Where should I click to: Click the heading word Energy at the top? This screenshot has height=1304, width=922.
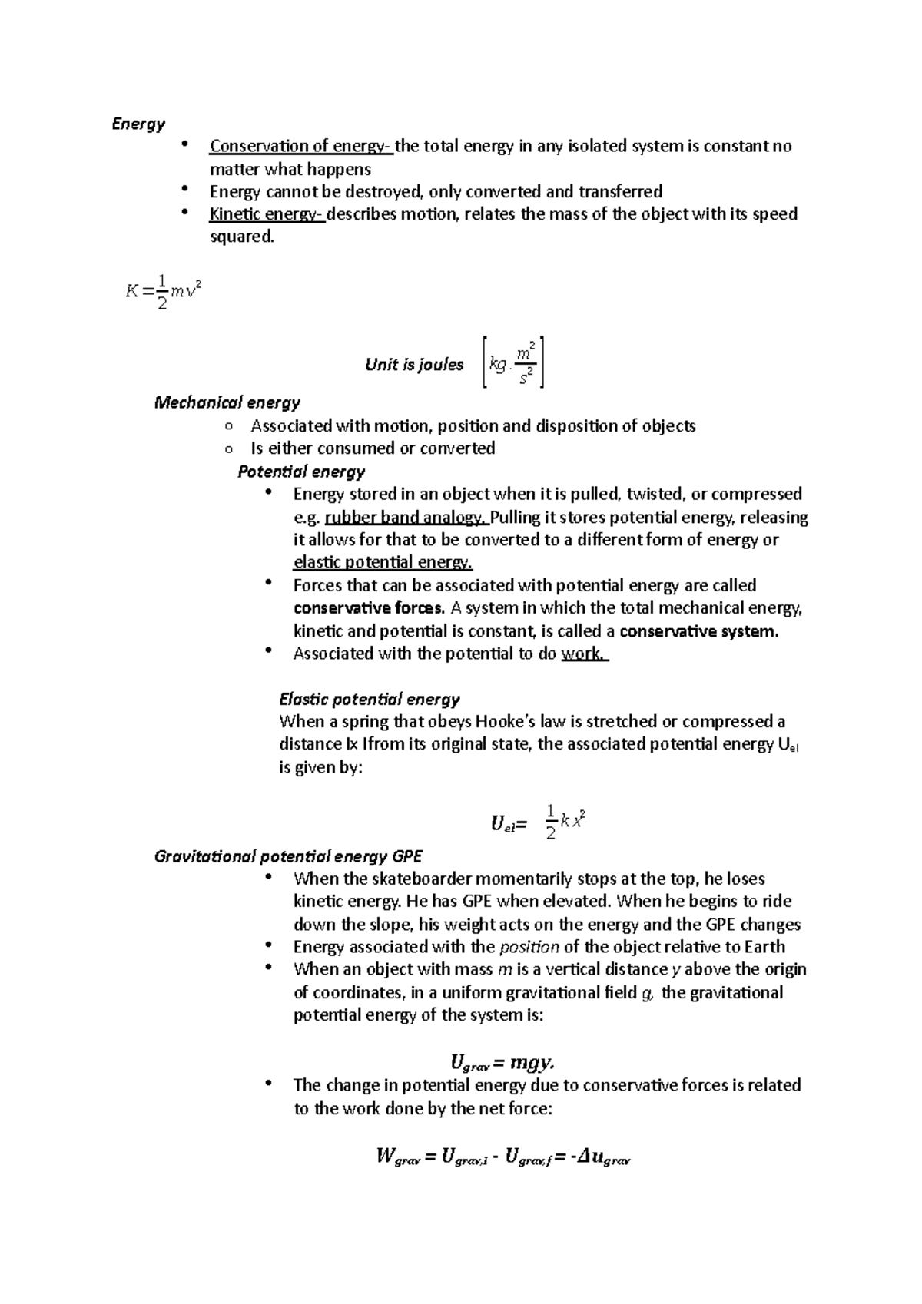(138, 124)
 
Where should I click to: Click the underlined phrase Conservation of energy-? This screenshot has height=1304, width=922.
(301, 146)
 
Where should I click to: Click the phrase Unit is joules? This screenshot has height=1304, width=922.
(414, 365)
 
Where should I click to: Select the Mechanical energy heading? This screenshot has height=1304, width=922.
(227, 402)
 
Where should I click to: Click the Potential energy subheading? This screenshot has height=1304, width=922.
(301, 472)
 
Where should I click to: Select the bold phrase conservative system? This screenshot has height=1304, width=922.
(698, 631)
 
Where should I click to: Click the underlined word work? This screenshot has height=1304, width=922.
(584, 654)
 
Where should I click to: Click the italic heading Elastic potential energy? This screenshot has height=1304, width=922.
(369, 699)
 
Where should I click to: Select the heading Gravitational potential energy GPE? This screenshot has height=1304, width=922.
(288, 856)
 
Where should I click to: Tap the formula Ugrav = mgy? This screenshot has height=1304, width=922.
(502, 1064)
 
